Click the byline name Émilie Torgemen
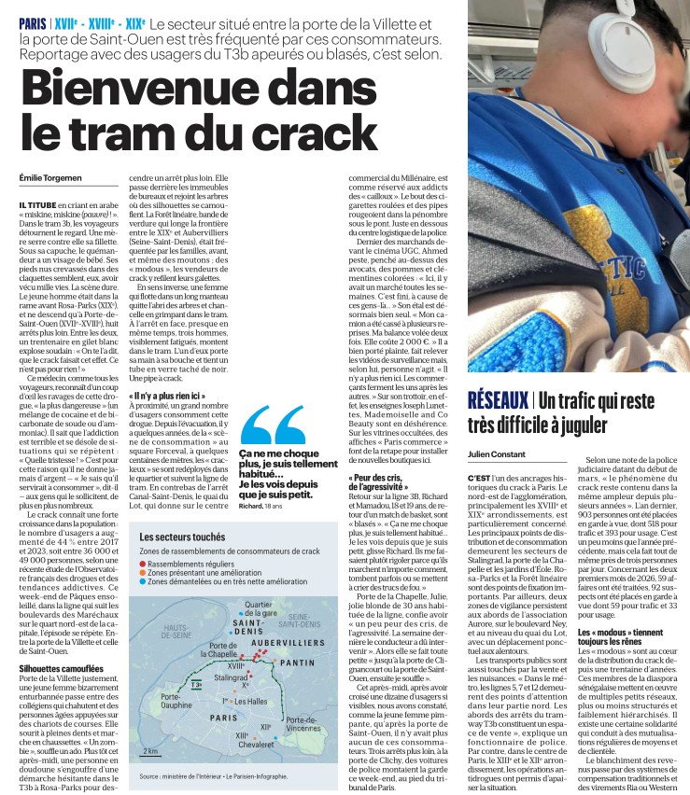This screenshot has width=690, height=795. click(x=52, y=177)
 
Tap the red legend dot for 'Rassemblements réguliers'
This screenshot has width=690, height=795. click(x=143, y=564)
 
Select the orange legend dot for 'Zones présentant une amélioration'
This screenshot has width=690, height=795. click(x=143, y=573)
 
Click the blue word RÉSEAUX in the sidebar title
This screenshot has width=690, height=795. click(x=497, y=400)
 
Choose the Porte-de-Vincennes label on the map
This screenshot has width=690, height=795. click(x=307, y=724)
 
